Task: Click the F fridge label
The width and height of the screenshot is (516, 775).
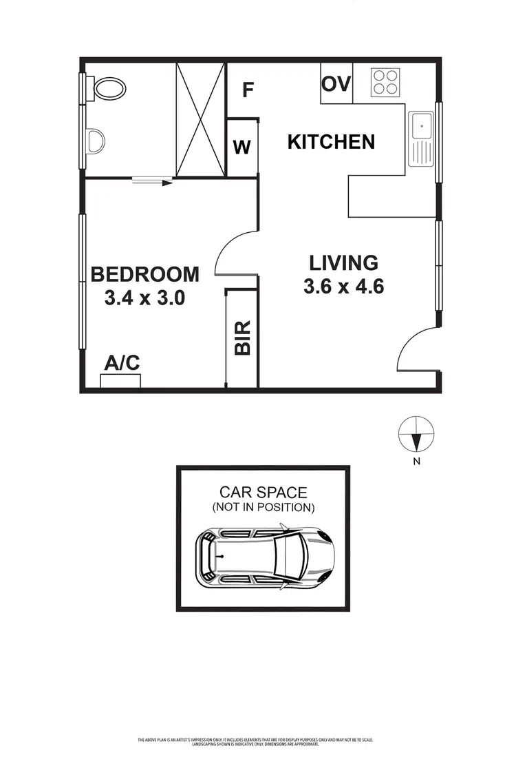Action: coord(248,90)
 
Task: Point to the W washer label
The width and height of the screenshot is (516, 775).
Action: coord(241,147)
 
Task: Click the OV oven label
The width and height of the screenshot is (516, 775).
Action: coord(336,84)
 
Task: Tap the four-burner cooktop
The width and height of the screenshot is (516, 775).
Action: coord(386,82)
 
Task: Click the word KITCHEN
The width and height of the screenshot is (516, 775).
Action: coord(331,142)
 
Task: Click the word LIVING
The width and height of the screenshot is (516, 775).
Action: coord(343,262)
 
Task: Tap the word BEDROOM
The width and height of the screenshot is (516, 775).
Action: coord(145,274)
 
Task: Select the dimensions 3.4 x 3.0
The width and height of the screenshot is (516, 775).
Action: coord(145,298)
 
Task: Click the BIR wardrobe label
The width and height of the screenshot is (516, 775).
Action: coord(242,338)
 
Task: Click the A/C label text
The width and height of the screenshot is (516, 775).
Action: coord(121,363)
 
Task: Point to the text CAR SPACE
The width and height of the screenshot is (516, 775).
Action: coord(264,492)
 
